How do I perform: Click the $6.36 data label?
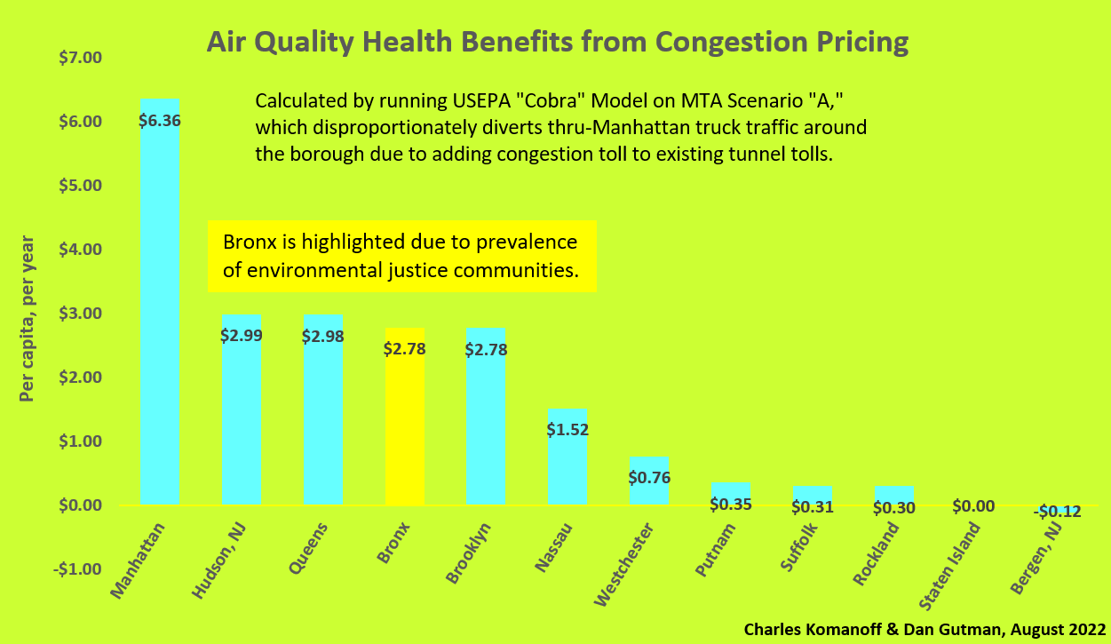click(x=160, y=120)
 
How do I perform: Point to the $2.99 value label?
click(x=242, y=335)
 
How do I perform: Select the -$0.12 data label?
click(x=1057, y=512)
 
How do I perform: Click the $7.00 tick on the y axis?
click(x=81, y=58)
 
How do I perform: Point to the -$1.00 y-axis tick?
click(x=78, y=569)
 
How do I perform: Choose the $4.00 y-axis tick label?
click(x=81, y=250)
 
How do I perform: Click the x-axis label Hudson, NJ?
click(x=220, y=560)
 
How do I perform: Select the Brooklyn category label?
click(x=468, y=554)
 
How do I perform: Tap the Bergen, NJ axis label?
click(x=1036, y=560)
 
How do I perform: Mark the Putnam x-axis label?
click(x=716, y=552)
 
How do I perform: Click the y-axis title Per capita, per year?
click(x=28, y=318)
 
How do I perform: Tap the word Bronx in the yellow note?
click(x=249, y=242)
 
